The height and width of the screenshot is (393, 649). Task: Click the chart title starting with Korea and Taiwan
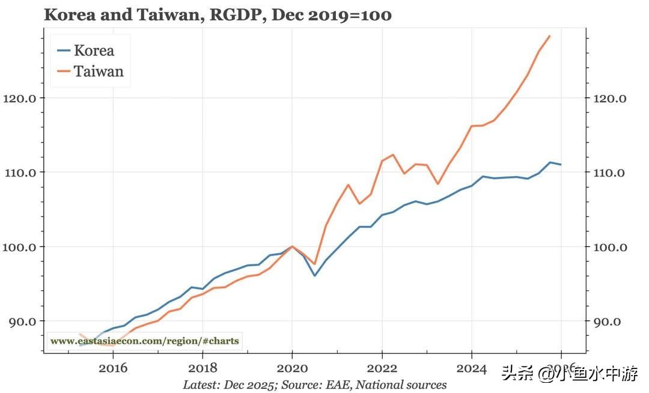(x=218, y=15)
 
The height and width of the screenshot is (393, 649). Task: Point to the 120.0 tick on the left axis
(x=20, y=98)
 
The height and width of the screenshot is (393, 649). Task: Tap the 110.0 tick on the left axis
(x=20, y=172)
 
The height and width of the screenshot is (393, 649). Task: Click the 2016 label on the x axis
(x=113, y=367)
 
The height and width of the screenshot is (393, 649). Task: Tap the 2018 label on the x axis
(x=203, y=367)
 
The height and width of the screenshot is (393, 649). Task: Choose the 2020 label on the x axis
(x=293, y=367)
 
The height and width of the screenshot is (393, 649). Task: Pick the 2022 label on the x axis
(x=382, y=367)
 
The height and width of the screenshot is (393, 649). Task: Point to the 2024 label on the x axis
(x=472, y=367)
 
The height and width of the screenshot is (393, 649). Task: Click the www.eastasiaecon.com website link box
(x=145, y=341)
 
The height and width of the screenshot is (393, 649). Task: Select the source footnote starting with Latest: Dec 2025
(x=315, y=385)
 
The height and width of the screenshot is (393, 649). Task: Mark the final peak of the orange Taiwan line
(x=549, y=36)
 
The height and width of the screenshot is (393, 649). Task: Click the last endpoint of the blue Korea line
(x=561, y=165)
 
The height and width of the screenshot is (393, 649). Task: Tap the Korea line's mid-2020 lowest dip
(x=314, y=276)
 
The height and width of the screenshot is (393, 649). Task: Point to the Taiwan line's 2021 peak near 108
(x=348, y=184)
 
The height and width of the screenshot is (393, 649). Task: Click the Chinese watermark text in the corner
(x=570, y=375)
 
